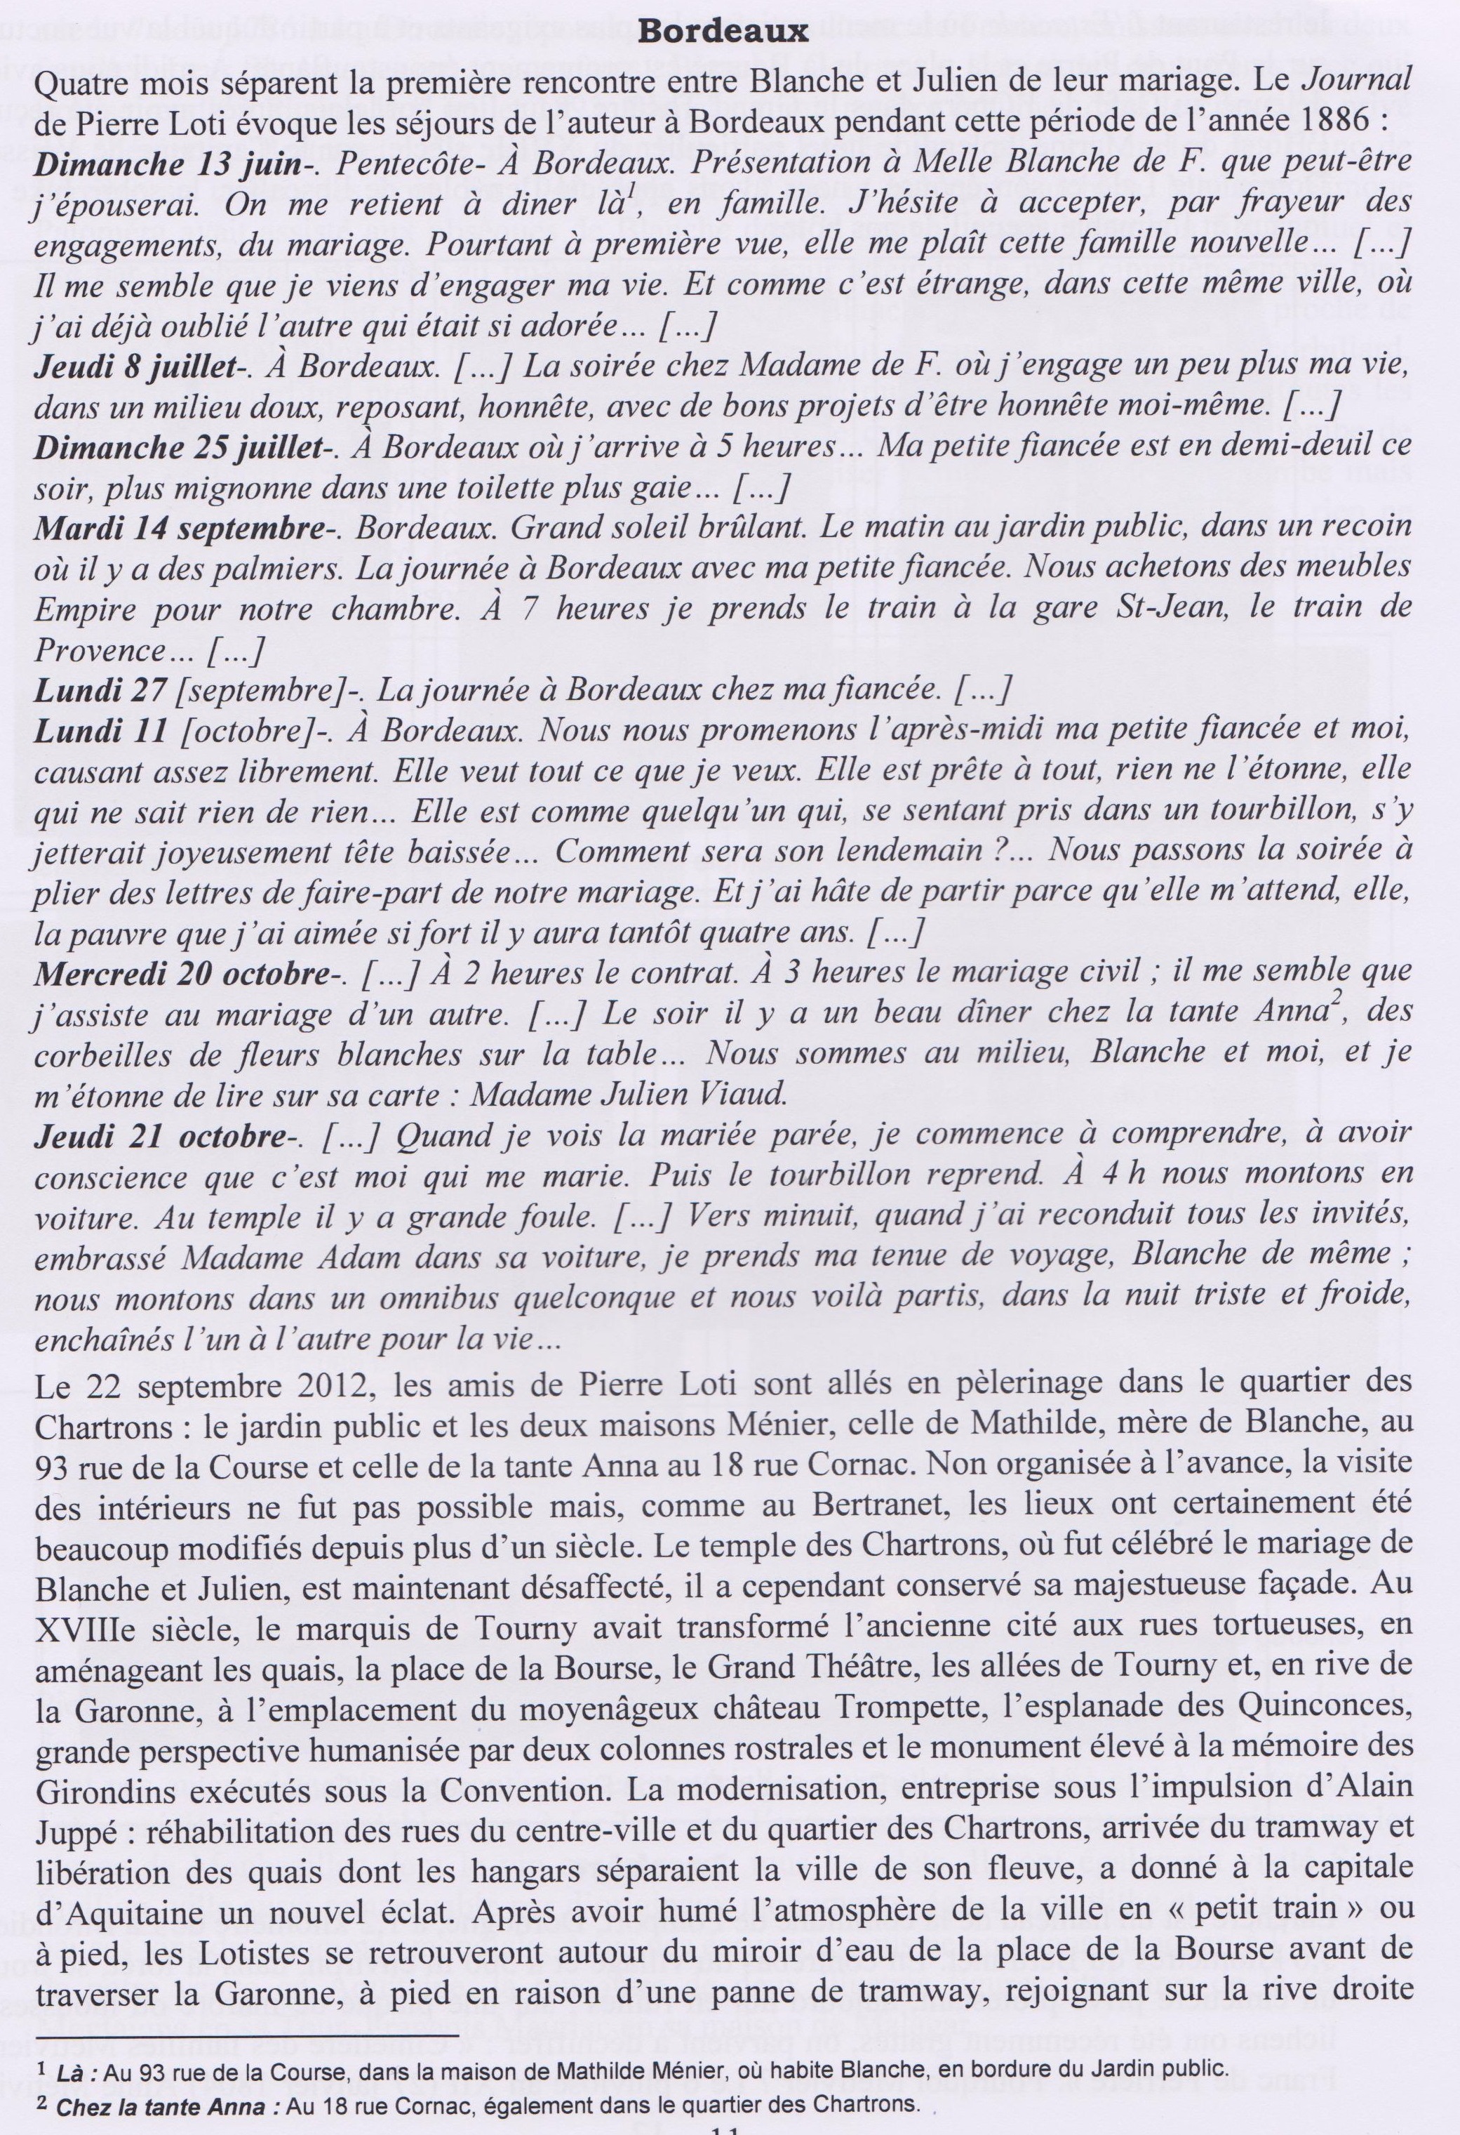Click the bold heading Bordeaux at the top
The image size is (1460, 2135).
(x=723, y=33)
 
